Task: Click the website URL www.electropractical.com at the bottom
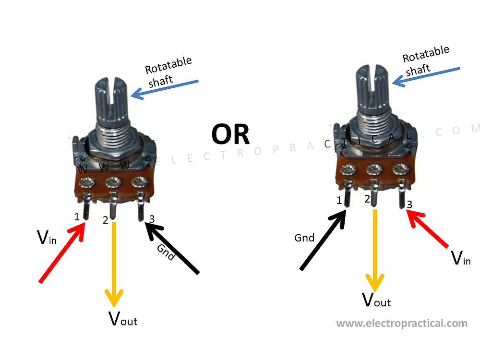click(x=402, y=323)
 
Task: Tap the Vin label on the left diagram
click(x=46, y=237)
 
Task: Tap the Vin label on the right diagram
click(x=461, y=258)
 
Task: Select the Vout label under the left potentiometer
click(x=123, y=318)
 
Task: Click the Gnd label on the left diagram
click(x=166, y=252)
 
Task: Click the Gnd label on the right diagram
click(x=304, y=238)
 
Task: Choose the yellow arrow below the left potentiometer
click(x=114, y=264)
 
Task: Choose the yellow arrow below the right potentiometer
click(x=375, y=250)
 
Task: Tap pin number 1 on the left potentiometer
click(x=77, y=217)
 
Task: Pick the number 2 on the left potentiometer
click(x=106, y=220)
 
